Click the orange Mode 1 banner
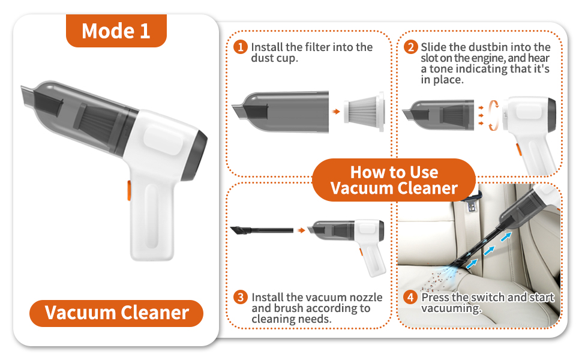pos(116,31)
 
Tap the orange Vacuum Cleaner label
pos(116,313)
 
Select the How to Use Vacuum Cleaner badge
pos(394,180)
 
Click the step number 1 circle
pos(241,47)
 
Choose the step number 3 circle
pos(241,298)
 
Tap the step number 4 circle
pos(410,298)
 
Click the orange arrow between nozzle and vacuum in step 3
pos(301,230)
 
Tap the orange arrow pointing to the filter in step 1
pos(336,112)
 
